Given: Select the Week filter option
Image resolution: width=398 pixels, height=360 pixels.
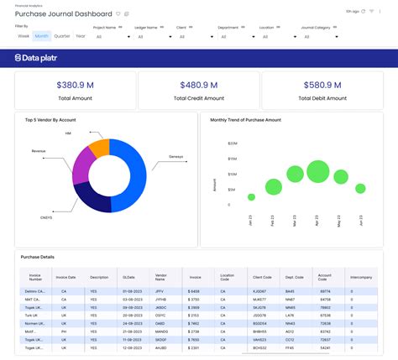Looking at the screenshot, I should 24,36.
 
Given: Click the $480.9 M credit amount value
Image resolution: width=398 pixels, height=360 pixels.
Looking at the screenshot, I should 198,85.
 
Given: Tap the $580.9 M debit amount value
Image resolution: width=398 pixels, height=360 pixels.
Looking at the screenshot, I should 323,85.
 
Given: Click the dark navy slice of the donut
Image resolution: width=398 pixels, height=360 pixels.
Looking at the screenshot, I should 93,196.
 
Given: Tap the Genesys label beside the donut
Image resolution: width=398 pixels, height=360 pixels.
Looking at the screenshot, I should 176,156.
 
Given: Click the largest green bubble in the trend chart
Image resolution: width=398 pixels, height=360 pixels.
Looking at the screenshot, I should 317,172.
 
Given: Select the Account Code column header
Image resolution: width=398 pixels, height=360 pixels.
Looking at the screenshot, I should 326,276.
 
